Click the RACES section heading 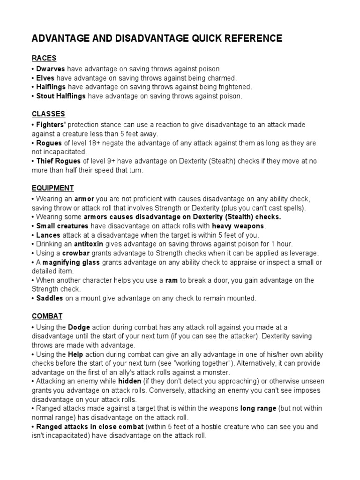44,58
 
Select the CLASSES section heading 48,114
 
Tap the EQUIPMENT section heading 53,188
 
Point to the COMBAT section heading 47,316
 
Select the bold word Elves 45,78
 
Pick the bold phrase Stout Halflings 61,96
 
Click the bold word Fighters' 51,125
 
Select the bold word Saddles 50,298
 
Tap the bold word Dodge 79,327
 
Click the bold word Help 75,354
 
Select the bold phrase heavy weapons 238,226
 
